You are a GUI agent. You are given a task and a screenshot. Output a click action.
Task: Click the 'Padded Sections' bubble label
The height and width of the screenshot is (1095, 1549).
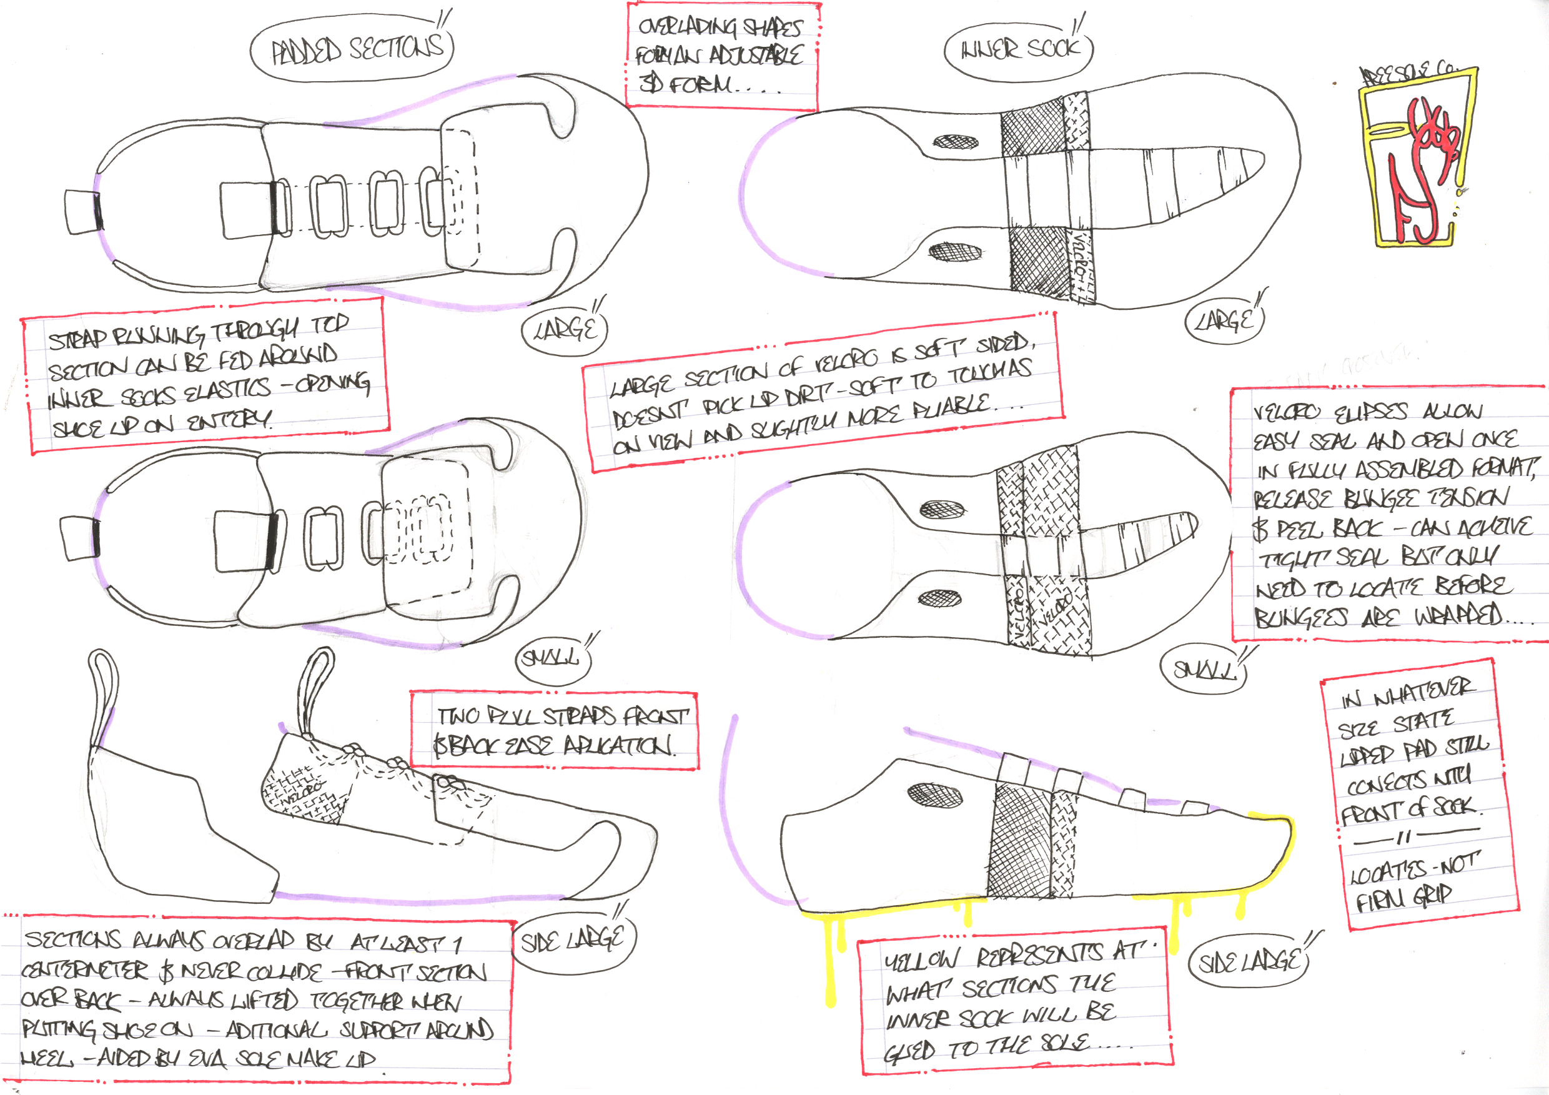(352, 49)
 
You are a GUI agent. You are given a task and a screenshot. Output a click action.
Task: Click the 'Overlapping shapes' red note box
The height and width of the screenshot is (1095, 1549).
(721, 56)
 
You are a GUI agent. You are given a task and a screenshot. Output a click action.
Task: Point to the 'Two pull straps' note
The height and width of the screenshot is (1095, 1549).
(554, 731)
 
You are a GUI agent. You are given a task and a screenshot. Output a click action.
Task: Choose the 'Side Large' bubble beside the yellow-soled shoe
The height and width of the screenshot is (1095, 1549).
(1248, 961)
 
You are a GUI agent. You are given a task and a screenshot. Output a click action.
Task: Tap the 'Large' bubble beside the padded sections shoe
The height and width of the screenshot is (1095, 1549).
(565, 330)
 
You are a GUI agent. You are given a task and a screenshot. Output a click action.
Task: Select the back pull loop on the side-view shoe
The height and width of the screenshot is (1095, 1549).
(102, 695)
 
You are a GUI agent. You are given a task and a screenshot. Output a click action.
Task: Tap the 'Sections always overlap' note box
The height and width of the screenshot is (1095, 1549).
(256, 999)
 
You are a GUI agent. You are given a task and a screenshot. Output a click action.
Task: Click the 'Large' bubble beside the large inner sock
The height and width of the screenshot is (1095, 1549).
(1224, 320)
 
